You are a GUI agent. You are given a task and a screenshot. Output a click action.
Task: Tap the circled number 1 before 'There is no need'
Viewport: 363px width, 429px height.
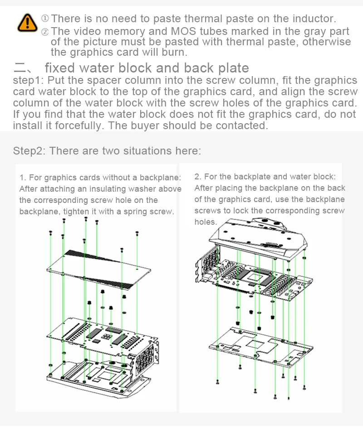[45, 19]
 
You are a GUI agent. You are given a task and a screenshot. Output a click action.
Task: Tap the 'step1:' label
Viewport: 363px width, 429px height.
[28, 81]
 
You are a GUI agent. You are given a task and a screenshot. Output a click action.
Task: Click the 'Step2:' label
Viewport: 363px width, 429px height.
[29, 151]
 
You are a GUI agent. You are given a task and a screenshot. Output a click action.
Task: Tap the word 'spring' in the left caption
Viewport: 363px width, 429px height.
[137, 212]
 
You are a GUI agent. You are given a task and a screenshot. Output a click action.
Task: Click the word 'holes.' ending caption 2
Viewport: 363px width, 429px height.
[206, 222]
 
